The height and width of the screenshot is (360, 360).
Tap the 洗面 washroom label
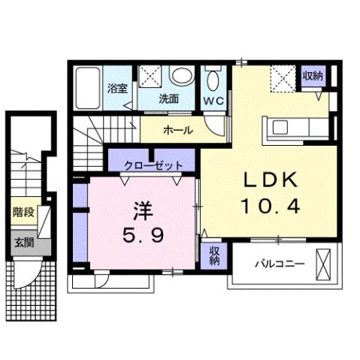click(168, 98)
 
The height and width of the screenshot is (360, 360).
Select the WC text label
click(213, 98)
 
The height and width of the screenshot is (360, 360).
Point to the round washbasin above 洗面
click(181, 75)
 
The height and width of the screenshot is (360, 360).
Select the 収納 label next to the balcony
click(213, 256)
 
